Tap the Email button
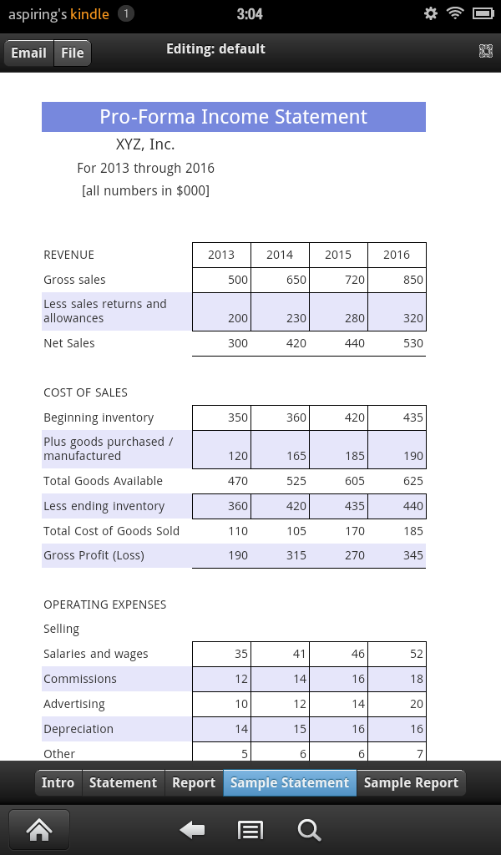(28, 53)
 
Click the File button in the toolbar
(73, 53)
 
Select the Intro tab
(58, 782)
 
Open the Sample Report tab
(411, 782)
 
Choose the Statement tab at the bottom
(123, 782)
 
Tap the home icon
(38, 829)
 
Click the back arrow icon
(193, 829)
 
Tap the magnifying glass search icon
(309, 829)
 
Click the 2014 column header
(280, 255)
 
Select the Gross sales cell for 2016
(397, 280)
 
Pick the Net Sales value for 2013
(221, 343)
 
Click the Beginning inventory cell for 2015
(338, 417)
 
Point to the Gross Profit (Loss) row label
(94, 555)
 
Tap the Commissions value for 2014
(280, 679)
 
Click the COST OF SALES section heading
(85, 392)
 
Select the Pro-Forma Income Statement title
(234, 117)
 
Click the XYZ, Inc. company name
(145, 144)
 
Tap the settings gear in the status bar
(431, 13)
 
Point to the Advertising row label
(74, 704)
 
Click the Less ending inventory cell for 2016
(397, 506)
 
